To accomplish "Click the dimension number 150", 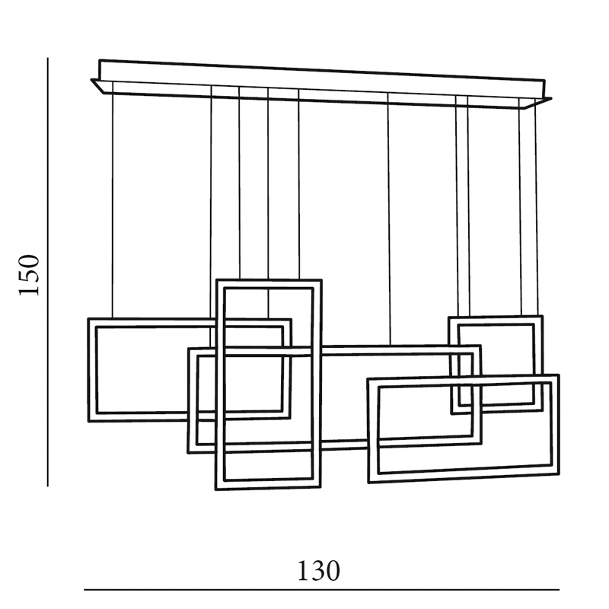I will tap(29, 274).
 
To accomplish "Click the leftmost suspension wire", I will tap(113, 206).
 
